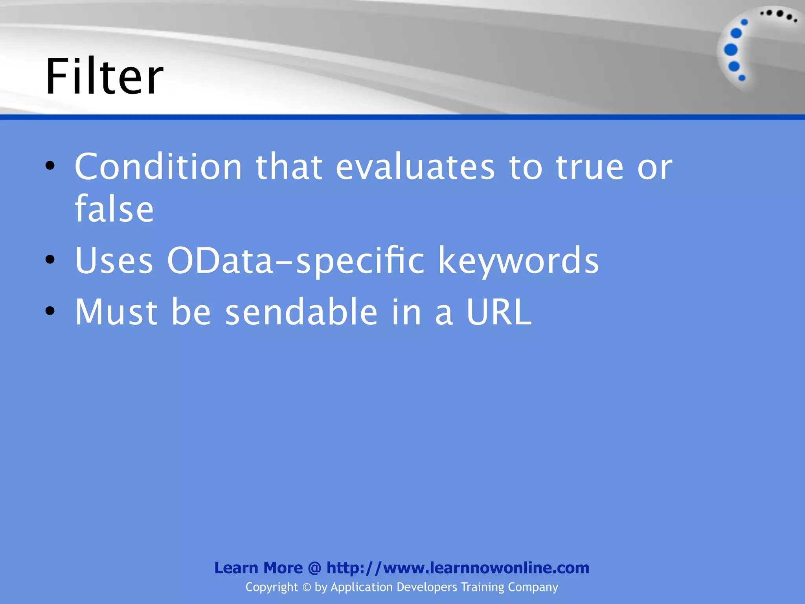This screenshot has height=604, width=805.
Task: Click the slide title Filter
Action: (x=104, y=77)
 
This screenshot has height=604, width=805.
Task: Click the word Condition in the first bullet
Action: (x=158, y=167)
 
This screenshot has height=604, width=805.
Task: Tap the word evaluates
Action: (x=415, y=167)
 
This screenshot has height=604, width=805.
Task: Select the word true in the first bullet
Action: (x=589, y=167)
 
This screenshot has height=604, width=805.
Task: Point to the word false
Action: (x=114, y=209)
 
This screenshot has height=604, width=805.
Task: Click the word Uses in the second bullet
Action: (x=114, y=260)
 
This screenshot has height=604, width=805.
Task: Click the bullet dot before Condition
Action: (x=50, y=166)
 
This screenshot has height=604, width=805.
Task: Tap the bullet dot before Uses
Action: (x=50, y=260)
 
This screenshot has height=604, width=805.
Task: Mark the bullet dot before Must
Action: (x=50, y=311)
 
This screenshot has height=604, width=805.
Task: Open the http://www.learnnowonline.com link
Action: (x=458, y=568)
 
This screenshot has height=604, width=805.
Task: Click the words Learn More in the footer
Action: (x=258, y=568)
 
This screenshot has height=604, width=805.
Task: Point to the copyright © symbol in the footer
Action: (x=306, y=587)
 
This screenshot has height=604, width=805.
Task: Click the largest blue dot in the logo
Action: (x=731, y=50)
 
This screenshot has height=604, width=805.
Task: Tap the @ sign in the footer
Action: (x=314, y=568)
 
